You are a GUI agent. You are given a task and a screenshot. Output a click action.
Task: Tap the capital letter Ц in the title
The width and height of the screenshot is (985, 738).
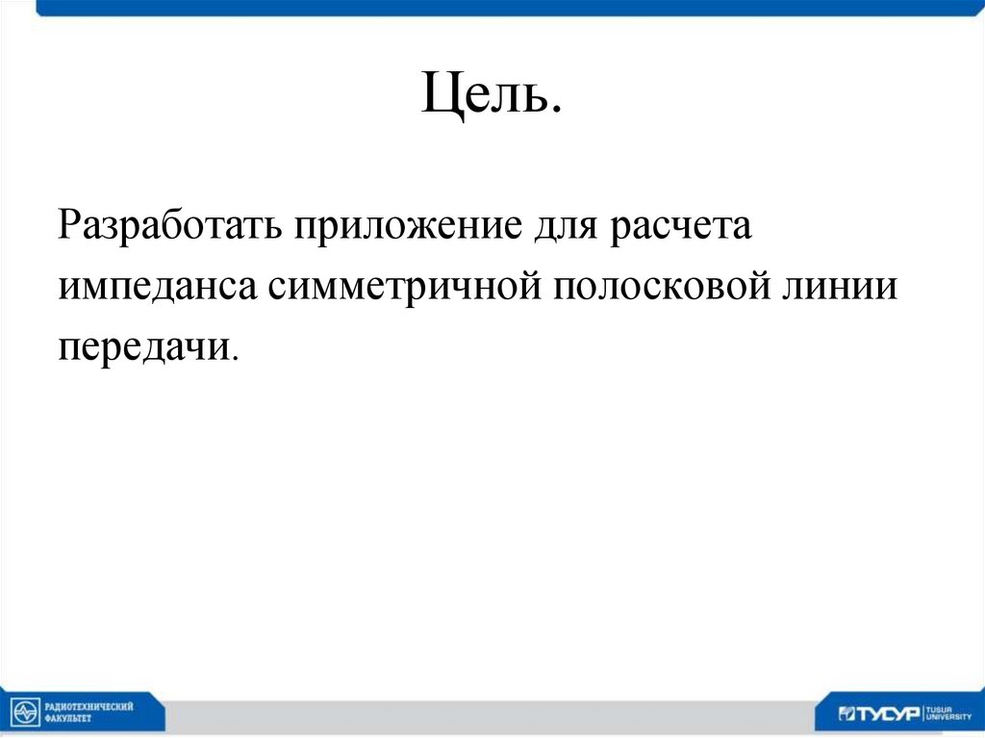438,99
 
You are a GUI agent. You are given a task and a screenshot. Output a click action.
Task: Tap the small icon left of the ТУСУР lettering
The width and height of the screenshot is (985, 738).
846,713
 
